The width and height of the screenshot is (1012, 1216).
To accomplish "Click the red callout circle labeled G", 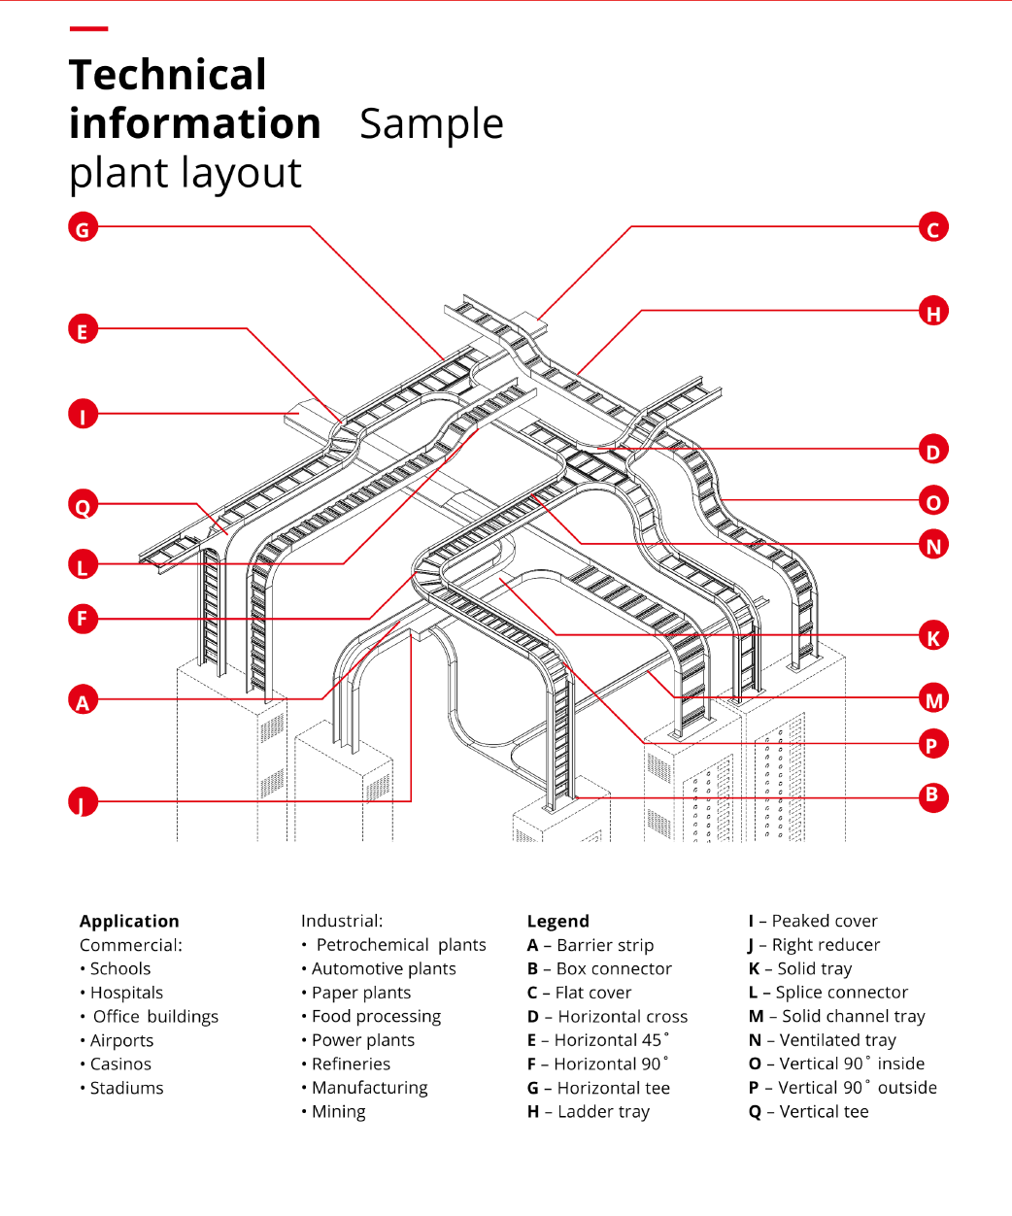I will (83, 228).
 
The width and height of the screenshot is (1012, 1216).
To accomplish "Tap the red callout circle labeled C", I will (933, 228).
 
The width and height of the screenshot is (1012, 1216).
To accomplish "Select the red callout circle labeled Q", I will (83, 505).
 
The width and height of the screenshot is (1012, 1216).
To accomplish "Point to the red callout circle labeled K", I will (933, 637).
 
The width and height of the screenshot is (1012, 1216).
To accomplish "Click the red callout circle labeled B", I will (932, 796).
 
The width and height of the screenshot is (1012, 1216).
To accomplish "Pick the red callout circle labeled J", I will (83, 802).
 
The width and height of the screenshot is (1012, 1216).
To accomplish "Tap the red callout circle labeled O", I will (933, 501).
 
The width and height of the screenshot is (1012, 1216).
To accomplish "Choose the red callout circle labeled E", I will (83, 330).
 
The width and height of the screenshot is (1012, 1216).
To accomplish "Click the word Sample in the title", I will (431, 124).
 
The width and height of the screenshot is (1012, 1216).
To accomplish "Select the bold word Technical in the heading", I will (168, 75).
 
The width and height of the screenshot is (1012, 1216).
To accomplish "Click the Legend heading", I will (557, 921).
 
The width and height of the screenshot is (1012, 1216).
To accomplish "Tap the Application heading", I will (129, 921).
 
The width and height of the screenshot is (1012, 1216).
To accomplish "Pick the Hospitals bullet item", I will (126, 993).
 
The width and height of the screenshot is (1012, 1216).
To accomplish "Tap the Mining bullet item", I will (338, 1111).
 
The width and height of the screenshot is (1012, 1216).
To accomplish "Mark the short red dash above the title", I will (88, 29).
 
